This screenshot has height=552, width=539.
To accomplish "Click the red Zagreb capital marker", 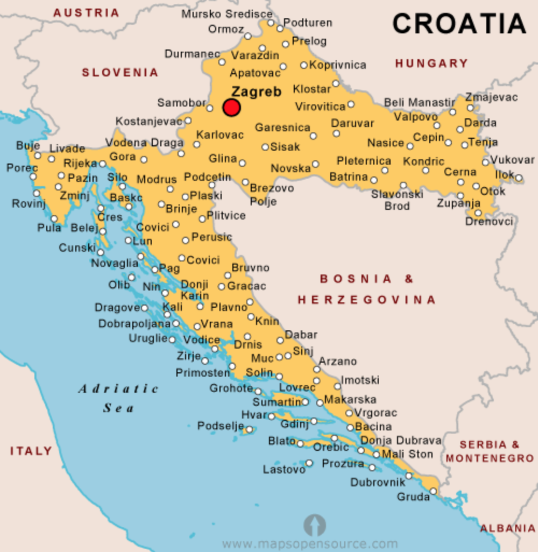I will coord(232,108).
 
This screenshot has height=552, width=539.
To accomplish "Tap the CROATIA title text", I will coord(459,23).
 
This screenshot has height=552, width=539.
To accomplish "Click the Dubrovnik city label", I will coord(377,482).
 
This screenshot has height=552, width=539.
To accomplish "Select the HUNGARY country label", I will coord(431,63).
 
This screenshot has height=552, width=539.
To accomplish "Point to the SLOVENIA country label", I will coord(120,72).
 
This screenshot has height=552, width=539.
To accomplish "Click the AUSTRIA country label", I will coord(86,12).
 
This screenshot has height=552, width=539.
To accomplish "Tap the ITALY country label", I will coord(31,451).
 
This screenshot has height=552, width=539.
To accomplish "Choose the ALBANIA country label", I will coord(508,528).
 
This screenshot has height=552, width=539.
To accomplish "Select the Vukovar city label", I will coord(512,160).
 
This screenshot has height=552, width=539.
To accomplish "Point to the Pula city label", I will coord(49,228).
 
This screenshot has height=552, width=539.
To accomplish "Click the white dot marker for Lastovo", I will coord(309,463).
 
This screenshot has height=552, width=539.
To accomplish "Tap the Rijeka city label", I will coord(80,163).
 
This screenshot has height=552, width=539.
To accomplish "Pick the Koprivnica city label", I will coord(338,65).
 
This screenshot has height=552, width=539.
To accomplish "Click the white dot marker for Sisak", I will coord(265,147).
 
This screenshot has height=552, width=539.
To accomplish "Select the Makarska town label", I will coord(350,400).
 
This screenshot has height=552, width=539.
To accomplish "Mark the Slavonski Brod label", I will coord(397,200).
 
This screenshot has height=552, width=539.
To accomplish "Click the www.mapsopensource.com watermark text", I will coord(310,544).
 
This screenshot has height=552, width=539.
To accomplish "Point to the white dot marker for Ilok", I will coord(519,178).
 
